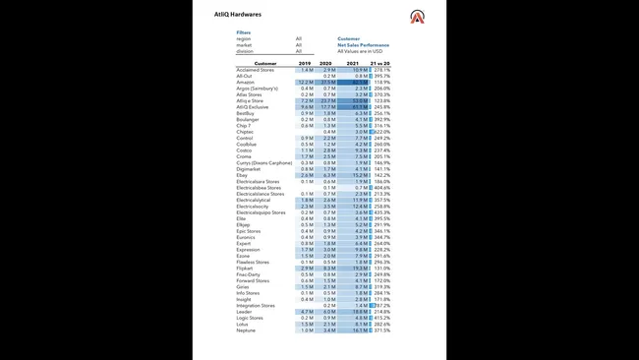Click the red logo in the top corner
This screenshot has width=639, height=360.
418,16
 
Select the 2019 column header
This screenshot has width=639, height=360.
306,63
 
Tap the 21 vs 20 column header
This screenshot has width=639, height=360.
379,63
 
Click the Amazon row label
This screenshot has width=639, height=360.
246,82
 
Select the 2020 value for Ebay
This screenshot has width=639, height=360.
329,174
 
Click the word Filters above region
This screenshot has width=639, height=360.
244,32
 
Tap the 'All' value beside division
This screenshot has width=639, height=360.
299,50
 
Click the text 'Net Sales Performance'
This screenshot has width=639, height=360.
364,44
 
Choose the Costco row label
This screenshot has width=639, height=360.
245,150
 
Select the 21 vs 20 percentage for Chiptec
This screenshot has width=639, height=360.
380,131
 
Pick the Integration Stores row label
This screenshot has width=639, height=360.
256,306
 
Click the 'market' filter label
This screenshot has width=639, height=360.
244,44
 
